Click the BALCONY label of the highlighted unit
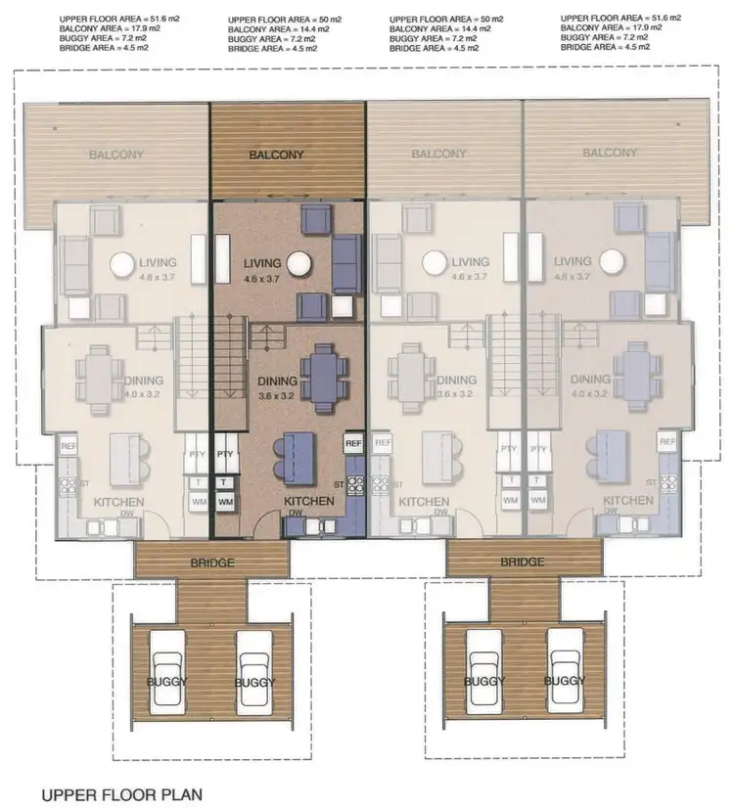point(276,155)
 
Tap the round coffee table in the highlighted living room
point(298,263)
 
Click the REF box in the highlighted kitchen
point(353,443)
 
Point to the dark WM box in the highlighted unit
point(225,501)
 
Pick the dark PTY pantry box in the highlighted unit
point(225,454)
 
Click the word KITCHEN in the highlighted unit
point(308,501)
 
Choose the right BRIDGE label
point(522,561)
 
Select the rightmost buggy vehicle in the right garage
point(567,678)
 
